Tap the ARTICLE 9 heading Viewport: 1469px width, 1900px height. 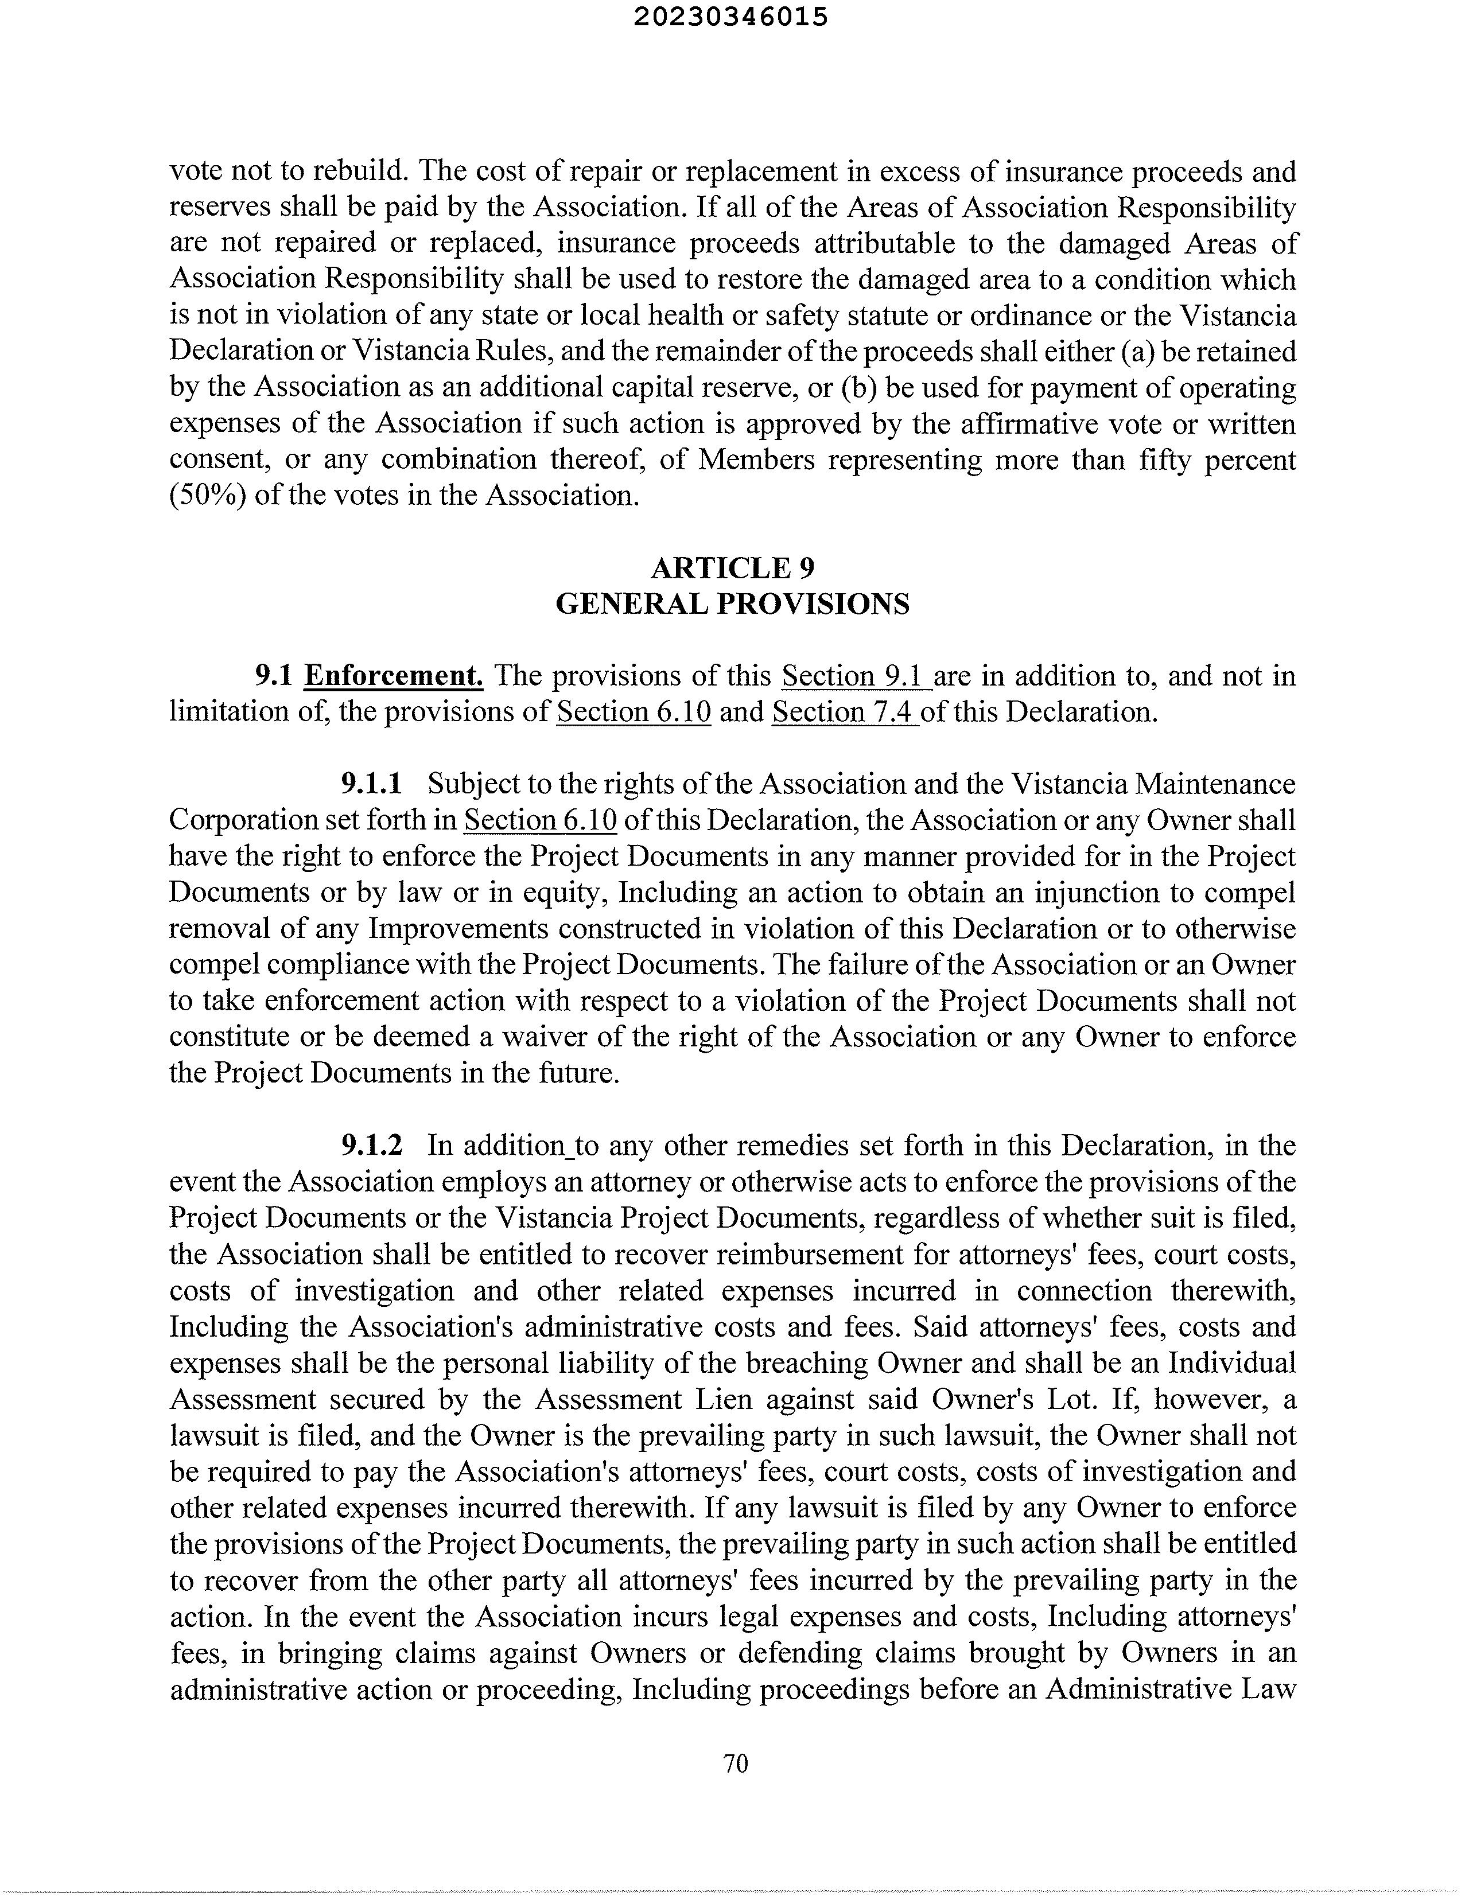(733, 568)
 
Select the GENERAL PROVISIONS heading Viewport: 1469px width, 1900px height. (733, 604)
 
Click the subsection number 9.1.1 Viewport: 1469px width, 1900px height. (372, 784)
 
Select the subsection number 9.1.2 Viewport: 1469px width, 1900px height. (372, 1146)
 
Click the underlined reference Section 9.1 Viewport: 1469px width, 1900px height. (856, 676)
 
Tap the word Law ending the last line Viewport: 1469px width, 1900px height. (1272, 1688)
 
